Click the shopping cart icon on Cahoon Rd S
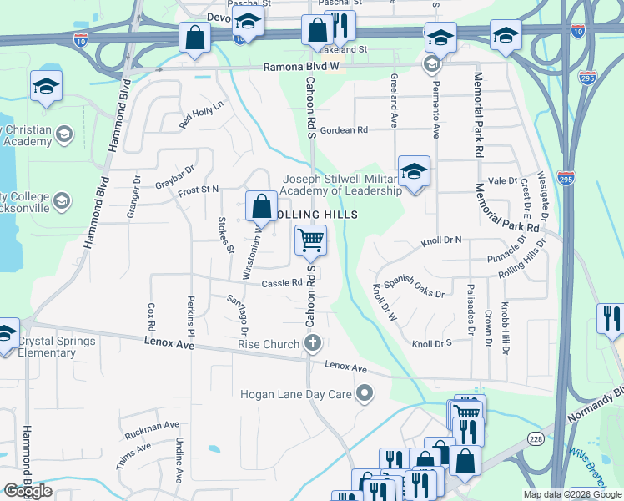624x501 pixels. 310,240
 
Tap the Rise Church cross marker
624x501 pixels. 313,344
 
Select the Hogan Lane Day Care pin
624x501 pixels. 364,393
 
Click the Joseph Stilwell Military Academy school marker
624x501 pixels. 414,171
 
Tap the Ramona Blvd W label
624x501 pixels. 301,67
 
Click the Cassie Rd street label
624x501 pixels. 281,283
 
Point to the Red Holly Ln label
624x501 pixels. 203,115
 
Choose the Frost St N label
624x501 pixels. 198,191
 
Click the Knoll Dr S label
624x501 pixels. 431,343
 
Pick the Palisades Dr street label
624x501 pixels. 471,309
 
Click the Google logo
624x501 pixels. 28,490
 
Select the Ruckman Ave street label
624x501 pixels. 152,430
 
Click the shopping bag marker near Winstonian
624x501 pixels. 262,205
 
